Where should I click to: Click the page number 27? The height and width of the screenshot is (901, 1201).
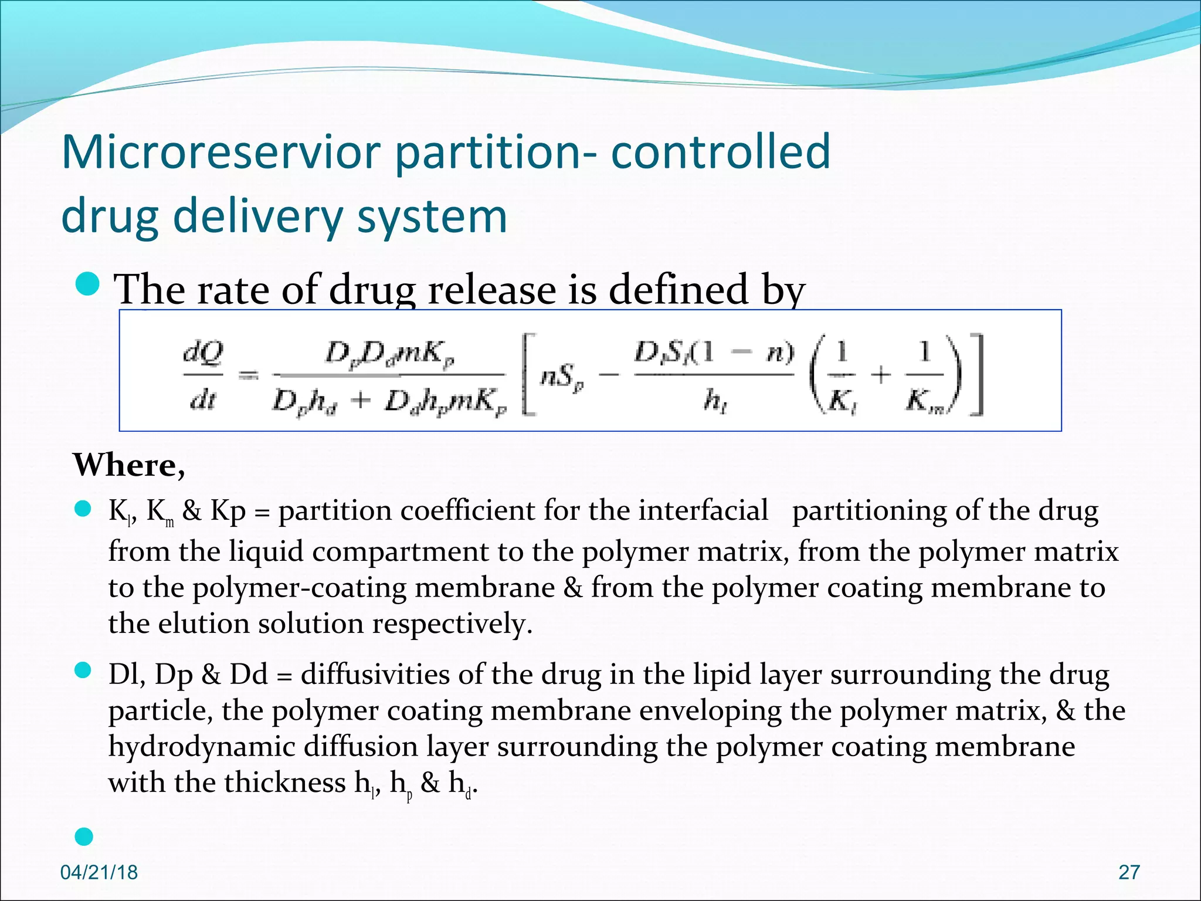(1129, 872)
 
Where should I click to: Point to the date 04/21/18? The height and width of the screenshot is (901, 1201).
(99, 872)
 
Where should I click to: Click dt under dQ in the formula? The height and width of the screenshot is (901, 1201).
(202, 400)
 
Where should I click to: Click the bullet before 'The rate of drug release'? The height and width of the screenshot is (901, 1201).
(89, 284)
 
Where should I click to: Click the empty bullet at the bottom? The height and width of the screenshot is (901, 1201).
(84, 836)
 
